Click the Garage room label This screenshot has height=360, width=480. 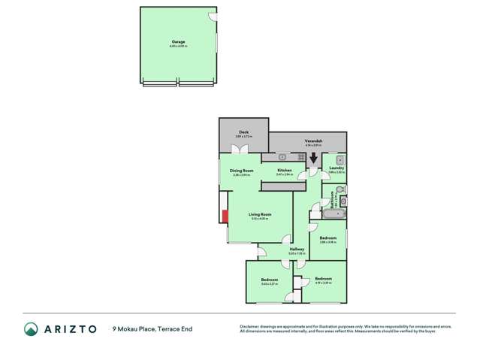pos(178,43)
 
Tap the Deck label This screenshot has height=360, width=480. pos(243,132)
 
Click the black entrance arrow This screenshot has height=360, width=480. pos(313,159)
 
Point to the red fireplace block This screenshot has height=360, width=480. pos(224,216)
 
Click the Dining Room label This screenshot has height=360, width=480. pos(240,171)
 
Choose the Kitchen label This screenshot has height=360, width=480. pos(284,171)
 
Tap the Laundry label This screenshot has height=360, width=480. pos(337,168)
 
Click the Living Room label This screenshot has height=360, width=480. pos(259,214)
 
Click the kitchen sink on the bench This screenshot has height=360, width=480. pos(282,157)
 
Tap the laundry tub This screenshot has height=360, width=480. pos(340,159)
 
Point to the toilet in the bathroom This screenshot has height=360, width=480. pos(341,201)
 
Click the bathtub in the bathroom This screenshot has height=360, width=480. pos(332,214)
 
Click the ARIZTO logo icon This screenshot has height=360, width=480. pos(31,328)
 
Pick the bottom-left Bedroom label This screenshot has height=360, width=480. pos(269,280)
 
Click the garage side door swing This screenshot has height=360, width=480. pos(213,17)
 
